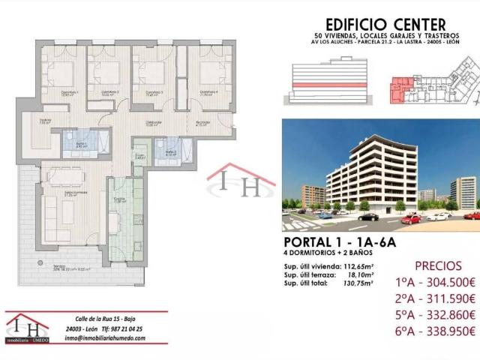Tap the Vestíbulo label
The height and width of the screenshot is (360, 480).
(x=44, y=121)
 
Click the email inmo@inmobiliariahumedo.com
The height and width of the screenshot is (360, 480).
(x=115, y=337)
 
